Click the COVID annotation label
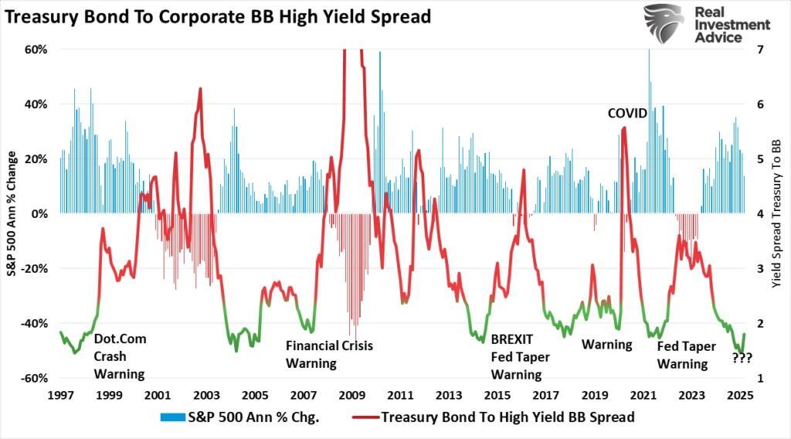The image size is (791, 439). click(626, 114)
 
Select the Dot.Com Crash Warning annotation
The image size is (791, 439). click(120, 356)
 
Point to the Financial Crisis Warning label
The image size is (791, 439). click(329, 354)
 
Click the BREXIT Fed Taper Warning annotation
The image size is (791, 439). click(517, 356)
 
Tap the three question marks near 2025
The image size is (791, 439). click(742, 358)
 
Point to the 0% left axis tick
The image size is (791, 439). click(39, 214)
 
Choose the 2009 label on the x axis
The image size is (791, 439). click(351, 395)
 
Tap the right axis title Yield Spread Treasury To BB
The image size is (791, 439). click(778, 214)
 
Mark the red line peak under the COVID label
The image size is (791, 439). click(624, 128)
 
